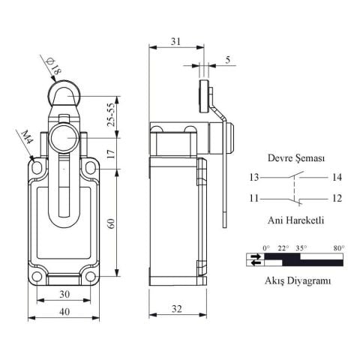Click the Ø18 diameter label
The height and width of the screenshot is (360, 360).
[56, 68]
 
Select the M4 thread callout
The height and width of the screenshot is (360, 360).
[27, 138]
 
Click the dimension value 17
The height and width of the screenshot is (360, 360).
[111, 154]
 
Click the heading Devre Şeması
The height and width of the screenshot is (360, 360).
[295, 159]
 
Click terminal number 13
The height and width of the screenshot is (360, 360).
[256, 178]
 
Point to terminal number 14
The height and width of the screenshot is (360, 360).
[335, 178]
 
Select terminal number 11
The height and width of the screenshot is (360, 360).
[256, 199]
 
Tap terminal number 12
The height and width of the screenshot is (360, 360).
[335, 199]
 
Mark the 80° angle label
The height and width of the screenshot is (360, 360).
[338, 247]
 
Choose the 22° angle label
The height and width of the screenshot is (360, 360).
[283, 247]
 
